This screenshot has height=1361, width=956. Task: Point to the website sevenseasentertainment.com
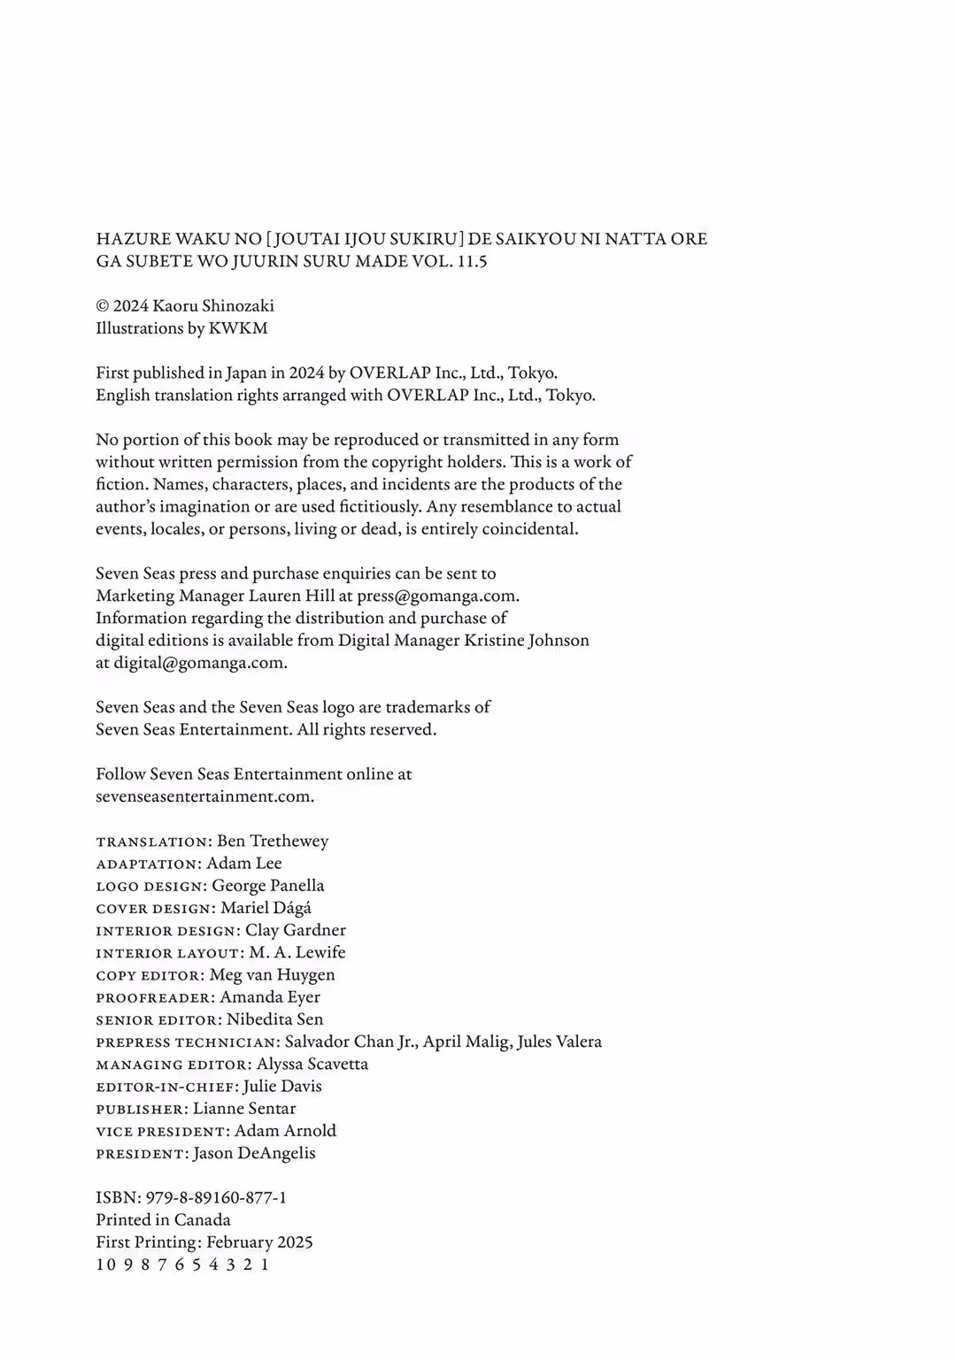coord(204,796)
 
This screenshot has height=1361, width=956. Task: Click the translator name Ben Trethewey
coord(273,841)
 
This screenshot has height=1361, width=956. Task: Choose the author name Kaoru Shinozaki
coord(213,305)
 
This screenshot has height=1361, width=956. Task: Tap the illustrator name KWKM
coord(238,328)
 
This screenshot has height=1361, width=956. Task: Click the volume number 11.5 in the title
coord(473,261)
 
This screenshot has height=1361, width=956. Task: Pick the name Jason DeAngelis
coord(254,1153)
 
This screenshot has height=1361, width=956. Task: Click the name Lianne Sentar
coord(244,1108)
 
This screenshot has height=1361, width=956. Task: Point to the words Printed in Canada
coord(163,1219)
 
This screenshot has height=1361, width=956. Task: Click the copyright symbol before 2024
coord(103,306)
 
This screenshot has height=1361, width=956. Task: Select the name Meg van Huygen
coord(273,974)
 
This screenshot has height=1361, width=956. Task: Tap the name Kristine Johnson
coord(527,640)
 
